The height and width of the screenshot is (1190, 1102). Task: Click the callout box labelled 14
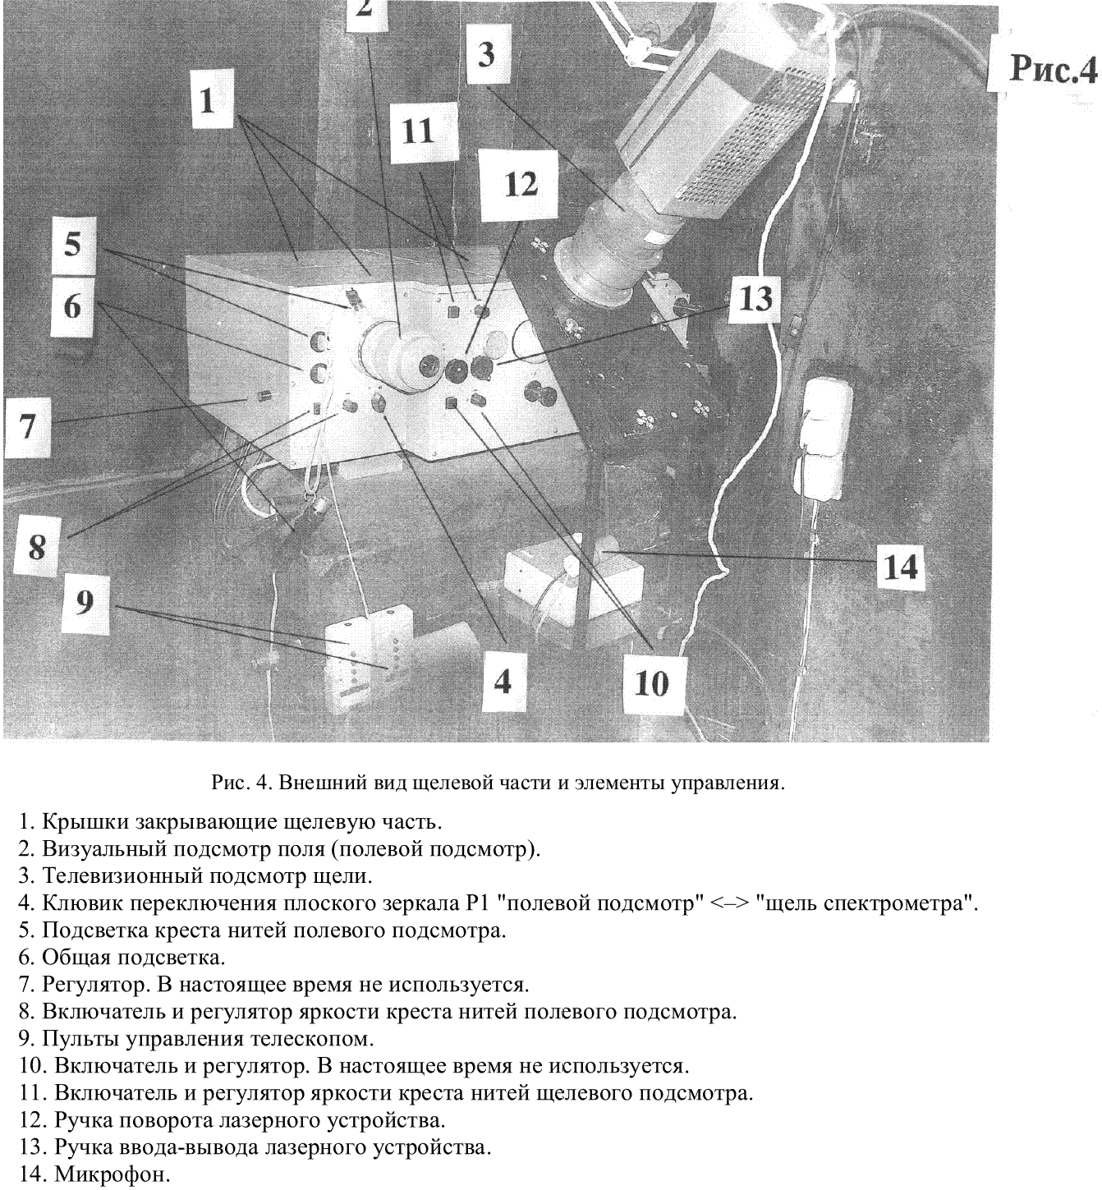(900, 567)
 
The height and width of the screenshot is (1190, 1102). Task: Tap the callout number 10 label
(651, 682)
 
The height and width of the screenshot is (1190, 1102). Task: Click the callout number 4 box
(502, 679)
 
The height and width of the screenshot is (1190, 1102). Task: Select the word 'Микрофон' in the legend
(112, 1175)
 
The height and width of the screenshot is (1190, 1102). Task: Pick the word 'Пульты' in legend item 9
(79, 1039)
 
